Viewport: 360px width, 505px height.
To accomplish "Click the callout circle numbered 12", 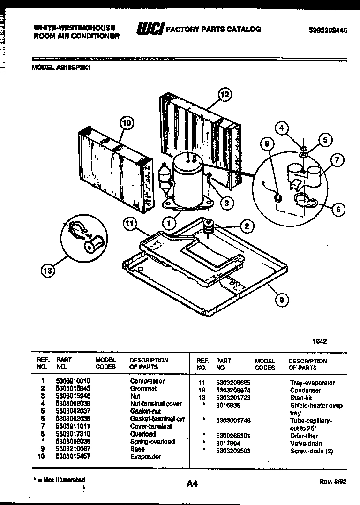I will (x=225, y=95).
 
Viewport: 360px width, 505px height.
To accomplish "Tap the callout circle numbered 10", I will (x=126, y=123).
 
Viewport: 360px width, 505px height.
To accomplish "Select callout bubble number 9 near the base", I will (x=281, y=301).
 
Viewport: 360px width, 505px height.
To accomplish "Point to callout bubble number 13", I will (x=47, y=270).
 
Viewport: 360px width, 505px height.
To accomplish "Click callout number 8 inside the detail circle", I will (x=267, y=144).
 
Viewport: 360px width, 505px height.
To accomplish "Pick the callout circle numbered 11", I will (x=130, y=224).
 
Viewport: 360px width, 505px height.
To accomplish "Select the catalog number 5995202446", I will (x=328, y=30).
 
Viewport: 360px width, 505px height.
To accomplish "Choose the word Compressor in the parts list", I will (x=147, y=381).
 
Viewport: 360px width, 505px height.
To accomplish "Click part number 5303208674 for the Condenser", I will (x=233, y=390).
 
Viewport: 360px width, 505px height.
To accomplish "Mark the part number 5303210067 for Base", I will (x=73, y=449).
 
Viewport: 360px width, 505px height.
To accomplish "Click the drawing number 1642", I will (x=320, y=341).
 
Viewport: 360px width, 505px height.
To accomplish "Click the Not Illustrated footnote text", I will (x=60, y=480).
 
